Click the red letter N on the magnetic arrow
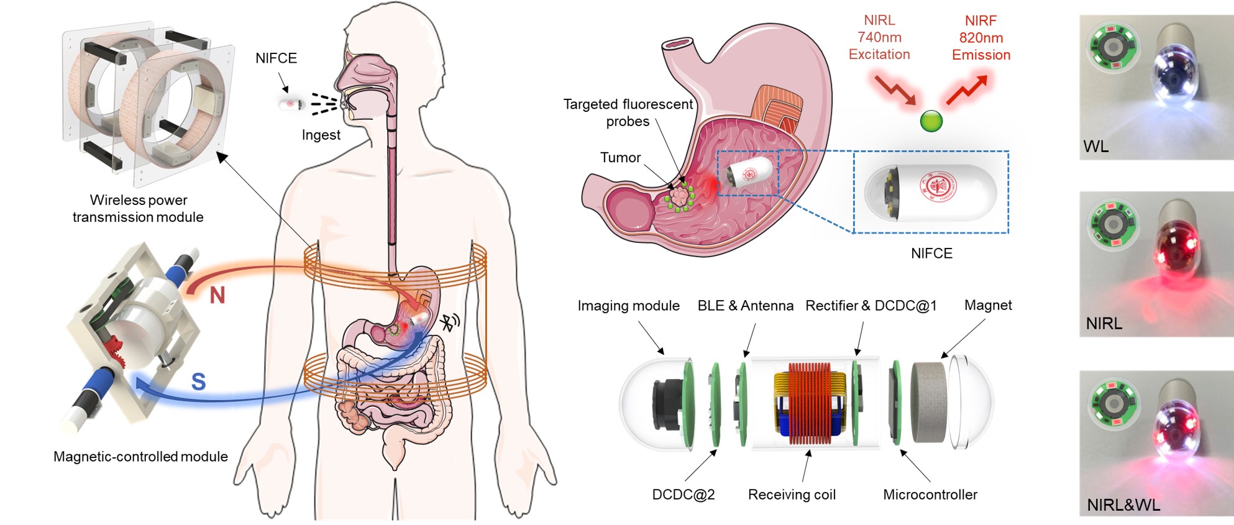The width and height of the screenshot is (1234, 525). pyautogui.click(x=217, y=295)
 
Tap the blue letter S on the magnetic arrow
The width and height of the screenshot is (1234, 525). pyautogui.click(x=198, y=381)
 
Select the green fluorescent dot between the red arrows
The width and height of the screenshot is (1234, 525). pyautogui.click(x=931, y=121)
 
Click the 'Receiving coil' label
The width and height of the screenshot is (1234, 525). pyautogui.click(x=792, y=495)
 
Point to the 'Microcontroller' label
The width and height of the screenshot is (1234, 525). pyautogui.click(x=930, y=495)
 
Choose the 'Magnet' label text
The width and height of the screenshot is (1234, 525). pyautogui.click(x=988, y=305)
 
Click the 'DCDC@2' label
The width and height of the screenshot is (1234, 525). pyautogui.click(x=683, y=495)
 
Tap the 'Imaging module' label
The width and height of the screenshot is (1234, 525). pyautogui.click(x=628, y=306)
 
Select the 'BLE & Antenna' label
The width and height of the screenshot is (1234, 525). pyautogui.click(x=745, y=306)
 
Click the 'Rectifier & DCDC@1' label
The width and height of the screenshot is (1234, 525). pyautogui.click(x=871, y=306)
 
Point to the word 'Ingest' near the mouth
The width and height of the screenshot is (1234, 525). pyautogui.click(x=321, y=135)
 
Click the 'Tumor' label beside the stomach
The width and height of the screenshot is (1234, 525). pyautogui.click(x=620, y=158)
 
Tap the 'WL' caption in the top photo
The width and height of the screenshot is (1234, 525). pyautogui.click(x=1095, y=147)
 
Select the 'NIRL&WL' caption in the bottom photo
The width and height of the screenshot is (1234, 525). pyautogui.click(x=1123, y=504)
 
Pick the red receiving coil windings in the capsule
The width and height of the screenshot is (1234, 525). pyautogui.click(x=810, y=403)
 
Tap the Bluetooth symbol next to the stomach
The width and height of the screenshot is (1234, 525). pyautogui.click(x=449, y=322)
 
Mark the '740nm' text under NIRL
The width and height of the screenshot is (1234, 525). pyautogui.click(x=879, y=37)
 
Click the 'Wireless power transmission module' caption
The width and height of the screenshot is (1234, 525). pyautogui.click(x=138, y=209)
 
